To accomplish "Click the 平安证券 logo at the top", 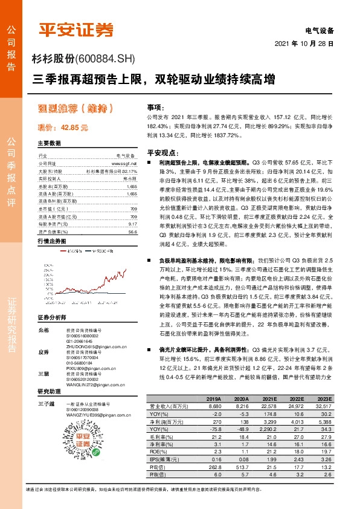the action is point(76,30).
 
